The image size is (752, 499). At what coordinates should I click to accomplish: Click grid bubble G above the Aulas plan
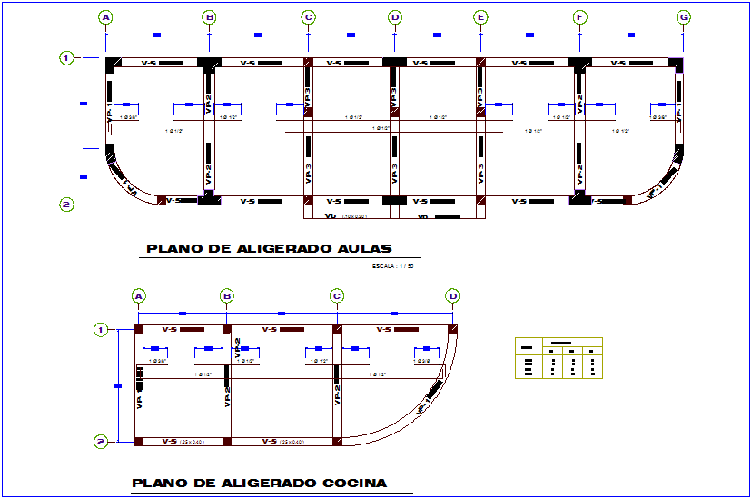pos(683,17)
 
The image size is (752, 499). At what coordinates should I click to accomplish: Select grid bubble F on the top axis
pos(579,17)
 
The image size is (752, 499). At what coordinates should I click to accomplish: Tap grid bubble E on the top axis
pos(480,17)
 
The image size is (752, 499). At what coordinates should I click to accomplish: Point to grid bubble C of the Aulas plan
pos(309,17)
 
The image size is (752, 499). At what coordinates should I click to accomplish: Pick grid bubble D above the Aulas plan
pos(394,17)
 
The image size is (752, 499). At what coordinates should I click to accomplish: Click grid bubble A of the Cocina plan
pos(139,295)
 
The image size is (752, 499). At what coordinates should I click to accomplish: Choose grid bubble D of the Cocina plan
pos(452,295)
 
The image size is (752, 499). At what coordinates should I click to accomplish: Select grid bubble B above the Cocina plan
pos(228,295)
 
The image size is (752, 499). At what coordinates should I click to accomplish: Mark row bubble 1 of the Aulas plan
pos(66,58)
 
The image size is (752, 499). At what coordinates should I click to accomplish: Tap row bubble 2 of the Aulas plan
pos(66,205)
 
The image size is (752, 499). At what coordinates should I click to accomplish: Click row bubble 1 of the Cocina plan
pos(102,329)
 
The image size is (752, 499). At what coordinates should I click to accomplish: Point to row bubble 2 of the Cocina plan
pos(102,442)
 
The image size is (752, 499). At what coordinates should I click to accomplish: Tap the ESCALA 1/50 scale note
pos(391,266)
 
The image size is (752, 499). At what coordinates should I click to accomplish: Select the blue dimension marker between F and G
pos(630,35)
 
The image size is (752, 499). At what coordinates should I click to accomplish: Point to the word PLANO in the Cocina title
pos(158,484)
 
